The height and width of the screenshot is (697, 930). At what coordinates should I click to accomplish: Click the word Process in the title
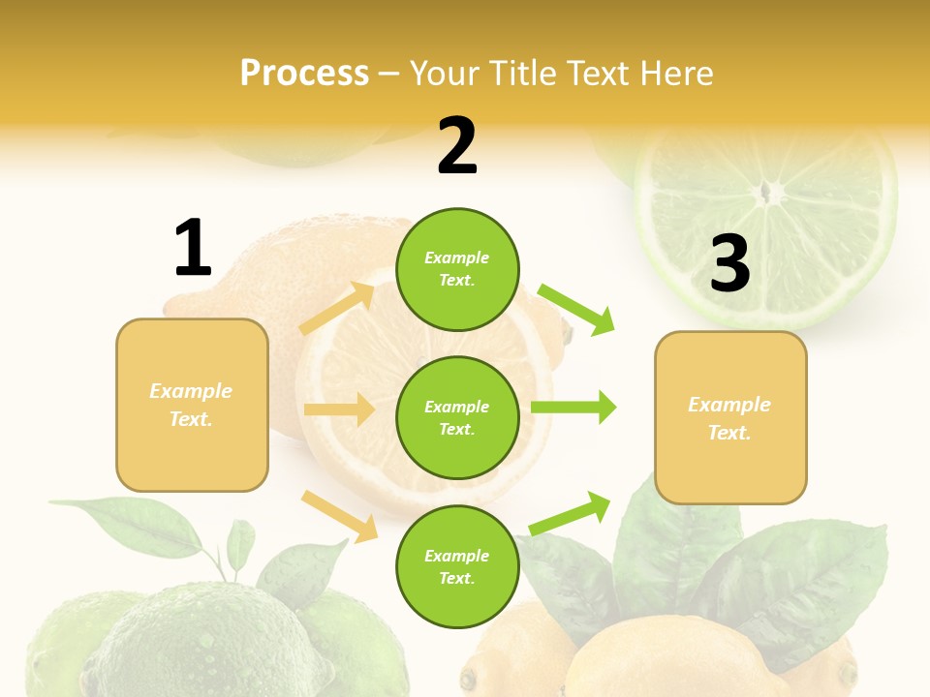(x=304, y=74)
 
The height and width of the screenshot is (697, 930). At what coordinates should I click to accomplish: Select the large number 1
(x=193, y=248)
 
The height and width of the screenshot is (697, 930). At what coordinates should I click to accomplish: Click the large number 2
(x=457, y=146)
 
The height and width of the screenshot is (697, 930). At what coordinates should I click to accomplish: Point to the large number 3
(x=729, y=263)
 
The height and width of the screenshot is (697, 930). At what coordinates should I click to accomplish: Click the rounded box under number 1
(x=192, y=405)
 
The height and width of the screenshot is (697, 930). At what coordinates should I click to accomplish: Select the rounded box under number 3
(x=730, y=417)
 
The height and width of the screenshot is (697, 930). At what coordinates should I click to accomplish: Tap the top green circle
(x=457, y=268)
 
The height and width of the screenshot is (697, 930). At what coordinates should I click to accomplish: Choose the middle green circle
(x=457, y=417)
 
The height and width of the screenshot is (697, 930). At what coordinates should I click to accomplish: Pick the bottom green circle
(x=457, y=566)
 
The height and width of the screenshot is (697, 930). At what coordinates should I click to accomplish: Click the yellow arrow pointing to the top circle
(x=338, y=309)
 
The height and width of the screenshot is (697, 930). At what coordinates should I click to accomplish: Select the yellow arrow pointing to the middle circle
(x=339, y=409)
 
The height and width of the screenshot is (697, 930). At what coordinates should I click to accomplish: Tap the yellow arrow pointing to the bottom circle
(x=339, y=516)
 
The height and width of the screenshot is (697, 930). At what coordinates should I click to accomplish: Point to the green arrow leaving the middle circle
(x=573, y=408)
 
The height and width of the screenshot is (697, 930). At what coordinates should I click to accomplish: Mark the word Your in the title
(x=443, y=74)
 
